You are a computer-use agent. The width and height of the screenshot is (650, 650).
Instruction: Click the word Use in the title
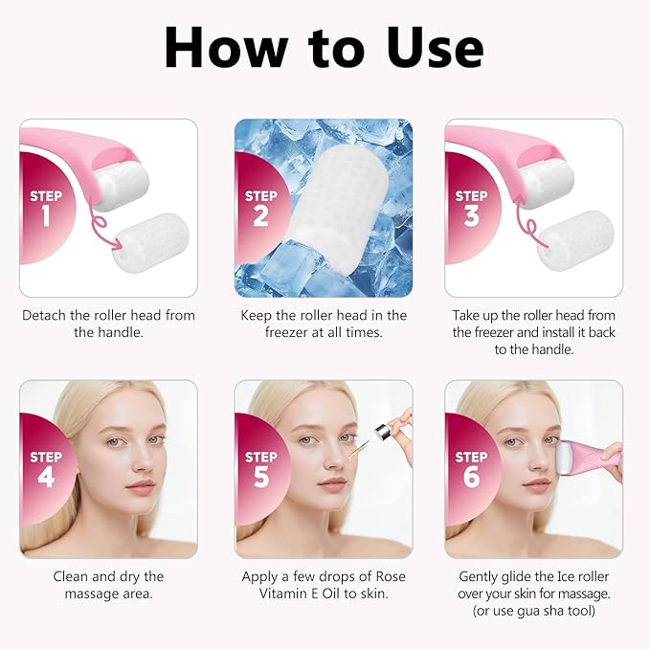point(422,45)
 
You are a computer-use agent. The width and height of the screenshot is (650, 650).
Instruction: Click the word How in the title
point(224,45)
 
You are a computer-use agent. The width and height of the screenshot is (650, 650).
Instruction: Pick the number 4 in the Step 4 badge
point(45,476)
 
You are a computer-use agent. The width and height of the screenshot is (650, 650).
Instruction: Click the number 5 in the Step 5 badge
point(260,476)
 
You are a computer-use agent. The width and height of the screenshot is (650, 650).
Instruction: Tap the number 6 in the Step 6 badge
point(471,476)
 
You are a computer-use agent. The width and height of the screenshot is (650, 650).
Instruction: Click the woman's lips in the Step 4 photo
point(141,486)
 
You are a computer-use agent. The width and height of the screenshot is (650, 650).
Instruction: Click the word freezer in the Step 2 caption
point(288,332)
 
